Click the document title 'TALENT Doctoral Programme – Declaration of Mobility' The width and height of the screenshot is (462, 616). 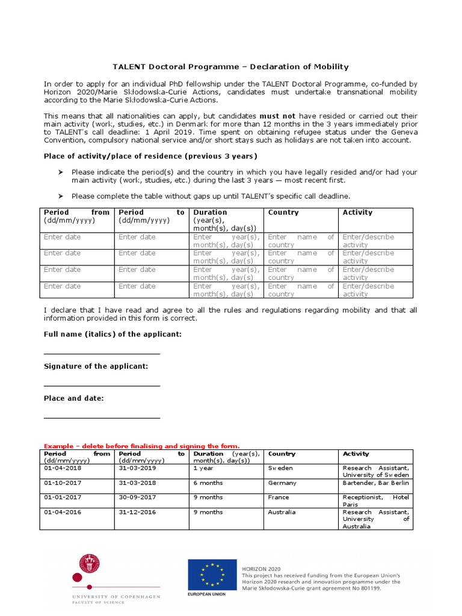(x=231, y=67)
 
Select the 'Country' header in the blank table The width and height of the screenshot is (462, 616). (x=283, y=212)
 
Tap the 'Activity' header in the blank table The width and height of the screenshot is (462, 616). (x=357, y=212)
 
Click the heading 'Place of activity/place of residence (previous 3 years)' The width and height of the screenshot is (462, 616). (x=150, y=156)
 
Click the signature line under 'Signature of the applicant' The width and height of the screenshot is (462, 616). (x=102, y=386)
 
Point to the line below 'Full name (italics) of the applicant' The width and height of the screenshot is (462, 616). (x=102, y=354)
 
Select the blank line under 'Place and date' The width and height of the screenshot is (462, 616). (x=102, y=417)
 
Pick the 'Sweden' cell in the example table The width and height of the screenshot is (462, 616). (x=280, y=467)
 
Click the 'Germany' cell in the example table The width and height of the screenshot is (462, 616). (x=282, y=482)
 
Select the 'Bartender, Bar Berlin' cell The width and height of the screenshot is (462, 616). (x=375, y=482)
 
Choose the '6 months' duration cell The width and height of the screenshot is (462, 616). (x=208, y=482)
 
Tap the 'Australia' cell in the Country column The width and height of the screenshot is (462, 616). (x=282, y=512)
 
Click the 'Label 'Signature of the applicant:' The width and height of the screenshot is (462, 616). (x=96, y=366)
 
